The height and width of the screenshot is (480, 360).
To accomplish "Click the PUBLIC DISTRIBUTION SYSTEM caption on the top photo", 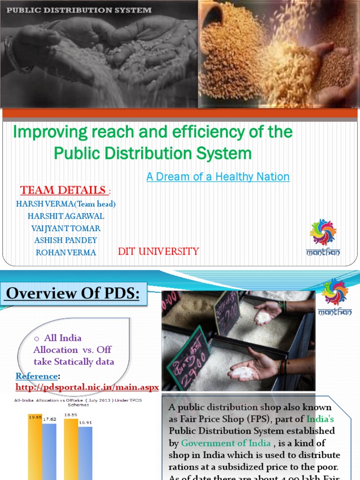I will (x=79, y=9).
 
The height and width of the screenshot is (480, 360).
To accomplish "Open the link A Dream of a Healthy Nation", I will (x=218, y=177).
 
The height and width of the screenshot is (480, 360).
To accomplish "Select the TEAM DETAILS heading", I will (x=63, y=190).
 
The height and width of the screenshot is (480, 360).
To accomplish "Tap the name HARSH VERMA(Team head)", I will (x=66, y=204).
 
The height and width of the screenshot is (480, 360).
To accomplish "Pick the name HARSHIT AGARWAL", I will (x=66, y=216).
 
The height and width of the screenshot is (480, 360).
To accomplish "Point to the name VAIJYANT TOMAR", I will (x=66, y=228).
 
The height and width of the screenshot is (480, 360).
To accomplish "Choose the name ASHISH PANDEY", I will (x=66, y=240).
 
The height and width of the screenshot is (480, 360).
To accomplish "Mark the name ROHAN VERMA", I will (x=66, y=252).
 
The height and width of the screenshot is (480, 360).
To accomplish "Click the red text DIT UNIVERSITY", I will (x=158, y=252).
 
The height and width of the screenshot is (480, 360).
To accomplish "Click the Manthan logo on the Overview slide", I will (x=335, y=297).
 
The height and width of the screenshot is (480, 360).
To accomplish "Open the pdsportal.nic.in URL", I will (x=87, y=387).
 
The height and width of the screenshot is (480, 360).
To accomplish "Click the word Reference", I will (x=37, y=376).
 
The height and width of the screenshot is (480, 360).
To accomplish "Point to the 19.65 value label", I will (x=34, y=416).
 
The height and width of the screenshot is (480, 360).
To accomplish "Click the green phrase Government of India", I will (x=226, y=443).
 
